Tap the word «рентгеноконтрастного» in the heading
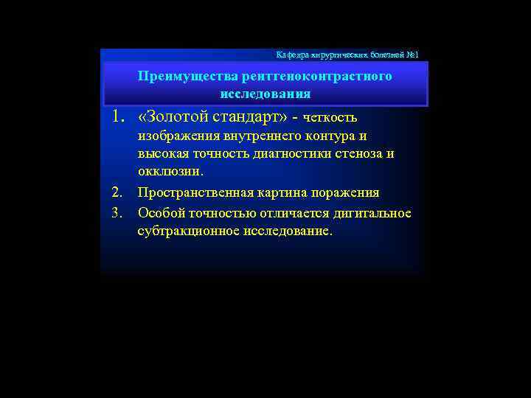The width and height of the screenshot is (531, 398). tap(304, 76)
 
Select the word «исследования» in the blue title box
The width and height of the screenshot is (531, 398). tap(265, 94)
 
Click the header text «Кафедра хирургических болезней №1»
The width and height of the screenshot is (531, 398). tap(347, 55)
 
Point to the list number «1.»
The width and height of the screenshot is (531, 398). tap(120, 116)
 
